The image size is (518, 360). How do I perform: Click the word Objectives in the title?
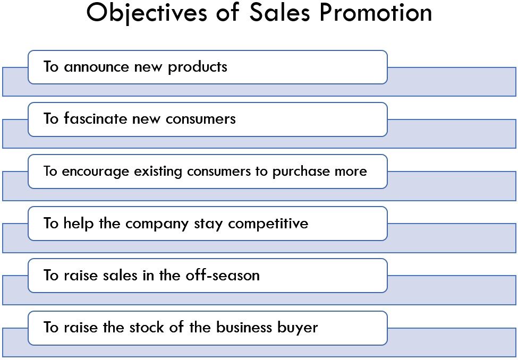(147, 13)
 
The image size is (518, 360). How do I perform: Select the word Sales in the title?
(279, 13)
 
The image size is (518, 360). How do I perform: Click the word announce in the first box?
(96, 67)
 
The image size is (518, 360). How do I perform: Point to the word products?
(198, 67)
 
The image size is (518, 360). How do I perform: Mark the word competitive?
(268, 224)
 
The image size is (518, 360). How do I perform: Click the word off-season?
(222, 275)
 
